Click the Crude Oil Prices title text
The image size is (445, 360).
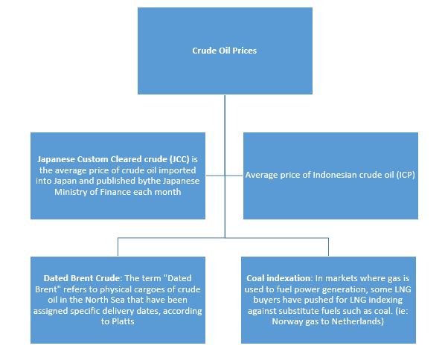coord(225,51)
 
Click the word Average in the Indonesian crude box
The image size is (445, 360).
coord(262,176)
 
